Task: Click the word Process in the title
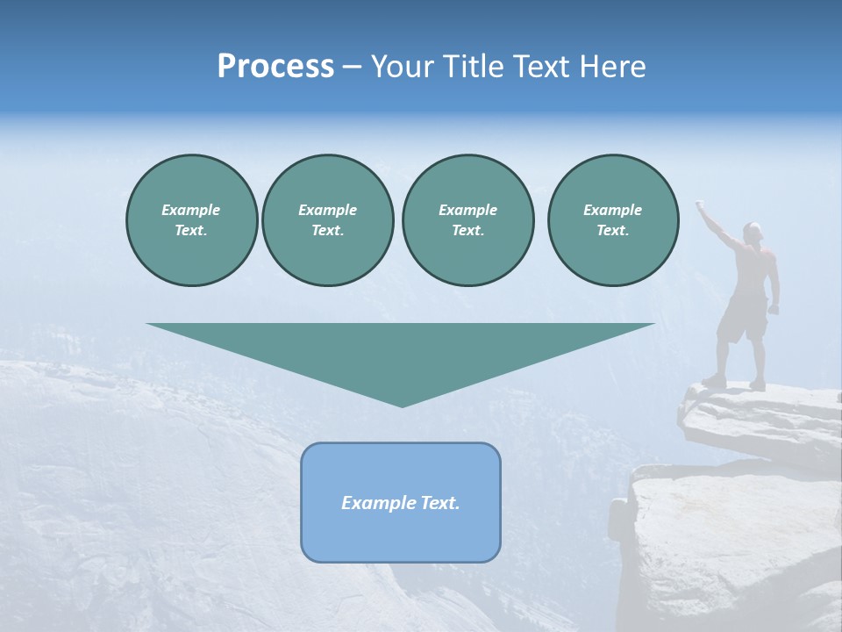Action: tap(275, 67)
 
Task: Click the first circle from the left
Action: tap(191, 220)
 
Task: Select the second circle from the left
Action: tap(327, 220)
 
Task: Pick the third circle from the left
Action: tap(467, 220)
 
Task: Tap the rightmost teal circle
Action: tap(612, 220)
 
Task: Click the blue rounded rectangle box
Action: tap(401, 535)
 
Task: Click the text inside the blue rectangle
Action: tap(401, 503)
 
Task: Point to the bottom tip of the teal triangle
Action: tap(402, 405)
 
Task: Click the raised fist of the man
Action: tap(700, 205)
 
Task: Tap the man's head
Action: tap(753, 232)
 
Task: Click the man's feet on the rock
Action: tap(735, 382)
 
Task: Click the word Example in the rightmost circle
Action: tap(612, 210)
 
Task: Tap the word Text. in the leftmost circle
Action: tap(191, 231)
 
